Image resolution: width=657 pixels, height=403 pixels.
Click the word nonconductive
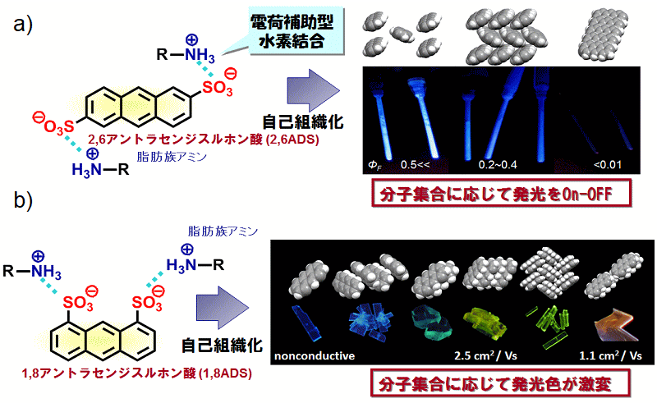315,355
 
